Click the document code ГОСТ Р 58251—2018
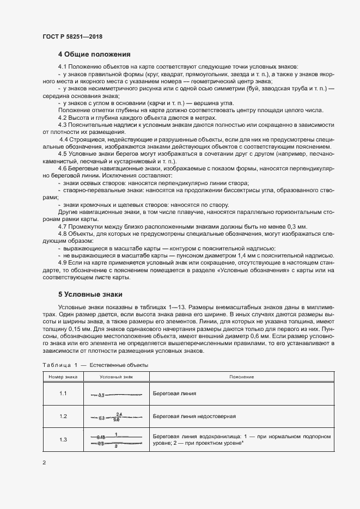(72, 36)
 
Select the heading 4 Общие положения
(94, 54)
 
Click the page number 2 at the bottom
(44, 463)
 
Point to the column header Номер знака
(63, 377)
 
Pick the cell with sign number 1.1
(63, 393)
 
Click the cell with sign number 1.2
(63, 416)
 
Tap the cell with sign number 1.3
(63, 440)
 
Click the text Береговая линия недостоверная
(194, 416)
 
